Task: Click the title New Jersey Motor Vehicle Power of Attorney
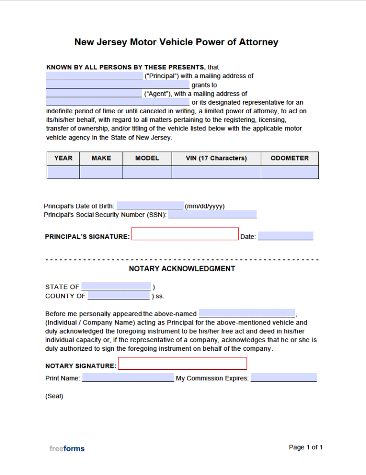(176, 42)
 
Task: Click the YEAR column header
(63, 158)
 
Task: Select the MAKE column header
(101, 158)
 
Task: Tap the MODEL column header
(147, 158)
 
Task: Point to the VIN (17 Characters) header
(216, 158)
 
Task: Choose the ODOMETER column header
(289, 158)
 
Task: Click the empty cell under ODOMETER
(289, 172)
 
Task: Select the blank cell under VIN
(216, 172)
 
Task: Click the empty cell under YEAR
(63, 172)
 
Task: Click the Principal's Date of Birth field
(150, 206)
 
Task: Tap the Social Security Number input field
(212, 215)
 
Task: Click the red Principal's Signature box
(184, 234)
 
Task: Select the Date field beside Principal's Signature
(285, 236)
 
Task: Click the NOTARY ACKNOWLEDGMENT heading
(182, 269)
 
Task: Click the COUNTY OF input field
(118, 296)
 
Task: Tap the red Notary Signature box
(182, 364)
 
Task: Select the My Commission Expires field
(283, 378)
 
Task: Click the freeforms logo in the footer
(67, 448)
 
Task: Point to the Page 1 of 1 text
(305, 447)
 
